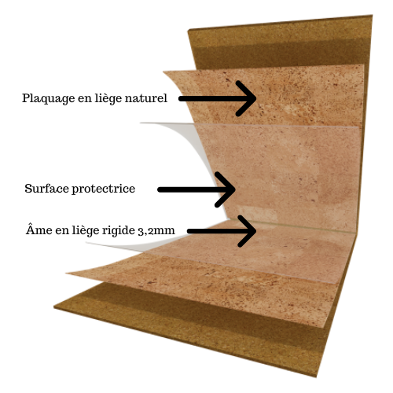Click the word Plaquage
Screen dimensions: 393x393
pyautogui.click(x=48, y=99)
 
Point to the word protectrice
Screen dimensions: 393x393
pyautogui.click(x=104, y=189)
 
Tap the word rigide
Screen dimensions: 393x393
pyautogui.click(x=119, y=230)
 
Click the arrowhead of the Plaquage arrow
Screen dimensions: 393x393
pyautogui.click(x=246, y=98)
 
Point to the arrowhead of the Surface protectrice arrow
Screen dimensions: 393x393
pyautogui.click(x=226, y=189)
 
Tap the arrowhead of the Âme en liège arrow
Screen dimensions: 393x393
pyautogui.click(x=247, y=231)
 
